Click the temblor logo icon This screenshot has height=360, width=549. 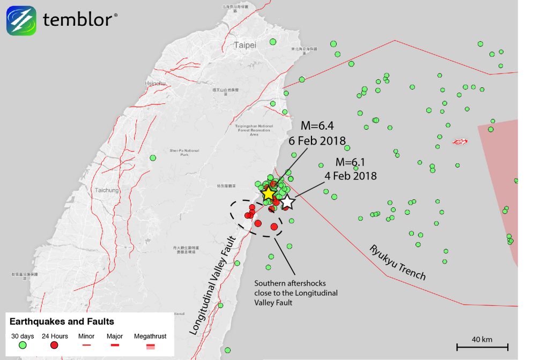click(x=21, y=20)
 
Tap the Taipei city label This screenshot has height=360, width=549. click(x=245, y=45)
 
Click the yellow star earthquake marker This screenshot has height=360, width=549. click(x=269, y=193)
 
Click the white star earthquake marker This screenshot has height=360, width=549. click(x=288, y=202)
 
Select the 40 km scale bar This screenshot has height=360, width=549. click(x=482, y=347)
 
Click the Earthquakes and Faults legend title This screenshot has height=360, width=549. click(x=62, y=321)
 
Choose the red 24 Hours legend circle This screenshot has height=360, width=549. click(x=55, y=346)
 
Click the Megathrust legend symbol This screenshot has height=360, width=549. click(x=151, y=346)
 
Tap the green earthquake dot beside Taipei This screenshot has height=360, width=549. click(x=273, y=42)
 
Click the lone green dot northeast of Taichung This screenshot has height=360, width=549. click(x=153, y=157)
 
